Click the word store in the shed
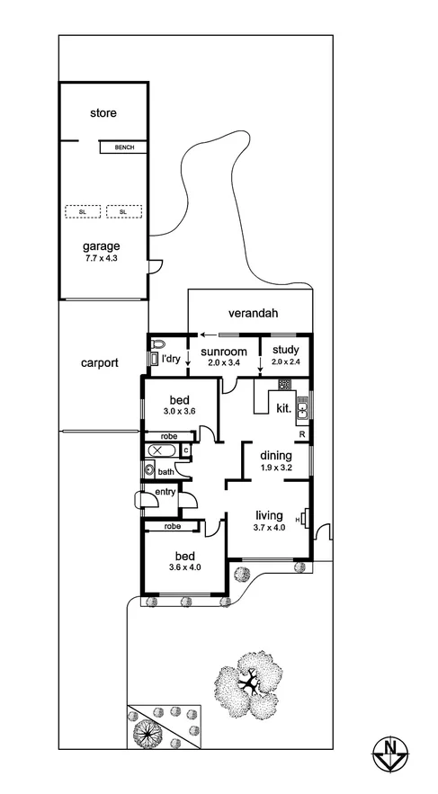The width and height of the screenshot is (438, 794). click(x=103, y=113)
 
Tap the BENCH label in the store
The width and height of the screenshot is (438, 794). click(x=124, y=147)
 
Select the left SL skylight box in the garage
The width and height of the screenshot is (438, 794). click(x=82, y=211)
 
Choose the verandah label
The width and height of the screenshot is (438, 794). click(x=252, y=313)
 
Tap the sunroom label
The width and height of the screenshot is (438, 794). click(x=222, y=352)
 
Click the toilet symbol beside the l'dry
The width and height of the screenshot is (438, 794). click(x=160, y=343)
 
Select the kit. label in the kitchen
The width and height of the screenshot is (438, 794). click(x=283, y=407)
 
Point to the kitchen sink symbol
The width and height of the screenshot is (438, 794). click(x=303, y=409)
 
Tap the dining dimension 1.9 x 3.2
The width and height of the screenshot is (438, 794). click(x=276, y=468)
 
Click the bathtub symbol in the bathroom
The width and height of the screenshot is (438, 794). click(x=162, y=450)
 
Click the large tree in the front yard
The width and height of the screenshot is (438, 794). click(x=256, y=683)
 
